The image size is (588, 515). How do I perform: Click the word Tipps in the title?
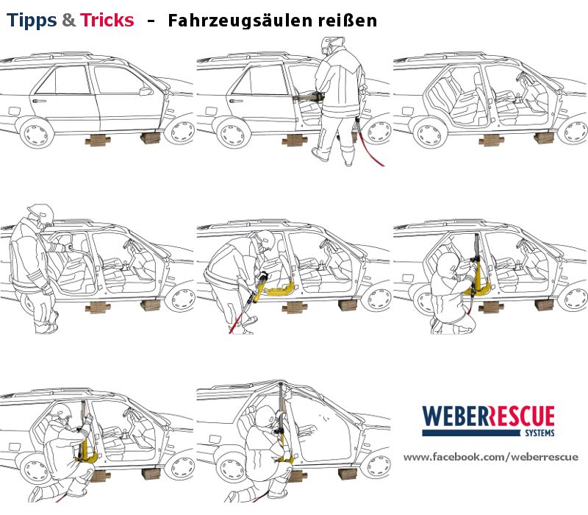pos(32,21)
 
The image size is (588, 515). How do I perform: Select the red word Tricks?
pos(107,20)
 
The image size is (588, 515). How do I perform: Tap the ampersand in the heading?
pos(68,20)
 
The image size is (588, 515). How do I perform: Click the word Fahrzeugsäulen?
pos(240,21)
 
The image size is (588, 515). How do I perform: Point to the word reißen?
pos(348,21)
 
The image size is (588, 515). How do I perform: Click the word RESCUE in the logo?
pos(521,416)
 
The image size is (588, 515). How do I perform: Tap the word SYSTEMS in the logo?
pos(539,433)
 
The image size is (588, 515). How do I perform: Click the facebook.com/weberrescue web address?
pos(490,457)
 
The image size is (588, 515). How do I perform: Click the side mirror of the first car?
pos(146,91)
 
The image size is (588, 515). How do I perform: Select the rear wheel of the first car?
pos(36,133)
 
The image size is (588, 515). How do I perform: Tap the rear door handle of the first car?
pos(40,101)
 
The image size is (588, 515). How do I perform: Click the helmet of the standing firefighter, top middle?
pos(332,45)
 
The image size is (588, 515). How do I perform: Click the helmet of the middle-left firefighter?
pos(41,214)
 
